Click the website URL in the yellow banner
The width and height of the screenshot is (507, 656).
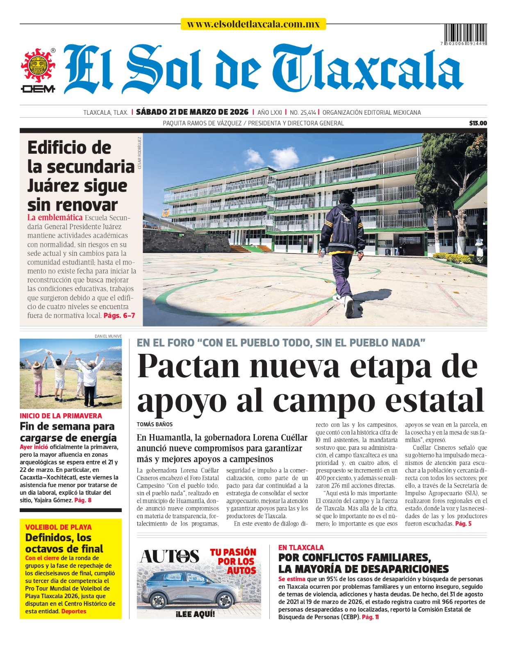(253, 24)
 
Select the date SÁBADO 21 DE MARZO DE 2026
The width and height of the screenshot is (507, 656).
(192, 112)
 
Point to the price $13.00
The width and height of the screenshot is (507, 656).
(478, 123)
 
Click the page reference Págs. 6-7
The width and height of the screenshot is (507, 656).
(119, 315)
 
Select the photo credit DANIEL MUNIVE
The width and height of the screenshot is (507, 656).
(108, 336)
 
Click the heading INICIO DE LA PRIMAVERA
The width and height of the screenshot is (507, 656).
(61, 416)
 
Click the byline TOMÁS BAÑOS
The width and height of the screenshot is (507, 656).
(155, 424)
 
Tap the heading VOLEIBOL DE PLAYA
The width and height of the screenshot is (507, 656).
(58, 527)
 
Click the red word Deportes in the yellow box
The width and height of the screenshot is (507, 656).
(74, 611)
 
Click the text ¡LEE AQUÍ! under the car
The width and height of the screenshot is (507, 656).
(195, 614)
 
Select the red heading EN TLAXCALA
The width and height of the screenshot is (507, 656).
(301, 547)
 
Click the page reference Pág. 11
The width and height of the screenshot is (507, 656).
(371, 617)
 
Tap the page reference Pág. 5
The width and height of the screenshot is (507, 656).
(463, 524)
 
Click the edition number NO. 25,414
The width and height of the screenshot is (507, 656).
(302, 112)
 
